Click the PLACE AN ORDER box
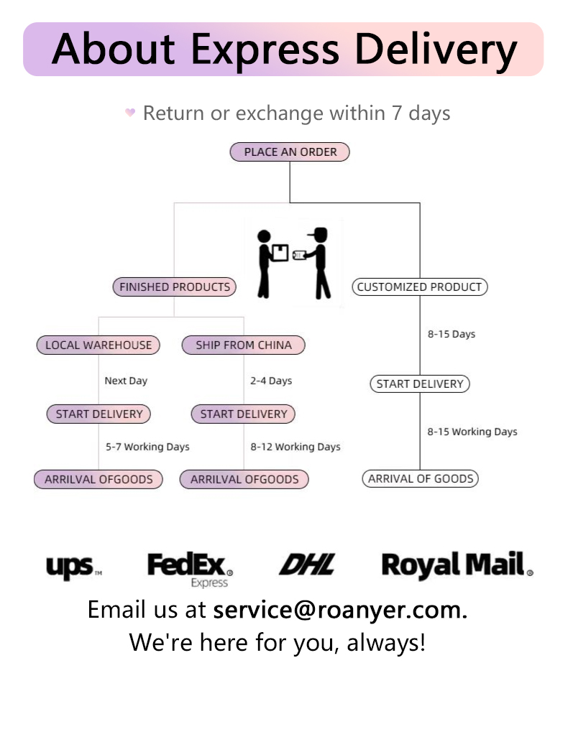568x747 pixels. (x=290, y=152)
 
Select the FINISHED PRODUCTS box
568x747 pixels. (x=175, y=287)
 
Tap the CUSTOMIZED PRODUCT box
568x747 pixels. (x=419, y=287)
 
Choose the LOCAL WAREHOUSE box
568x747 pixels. (x=99, y=345)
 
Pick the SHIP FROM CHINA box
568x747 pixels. (x=244, y=345)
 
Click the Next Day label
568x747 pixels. (x=126, y=381)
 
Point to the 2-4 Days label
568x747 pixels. (x=271, y=381)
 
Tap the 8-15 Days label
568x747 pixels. (x=452, y=334)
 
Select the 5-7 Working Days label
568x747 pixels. (x=147, y=447)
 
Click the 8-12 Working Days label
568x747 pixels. (x=296, y=447)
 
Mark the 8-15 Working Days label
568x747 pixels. (x=472, y=432)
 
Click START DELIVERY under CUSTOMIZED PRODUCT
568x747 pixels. (x=420, y=384)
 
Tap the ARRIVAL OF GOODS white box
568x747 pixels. (x=421, y=479)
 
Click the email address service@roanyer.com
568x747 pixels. (x=340, y=610)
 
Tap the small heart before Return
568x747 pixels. (x=130, y=113)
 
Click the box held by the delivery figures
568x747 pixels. (x=280, y=252)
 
